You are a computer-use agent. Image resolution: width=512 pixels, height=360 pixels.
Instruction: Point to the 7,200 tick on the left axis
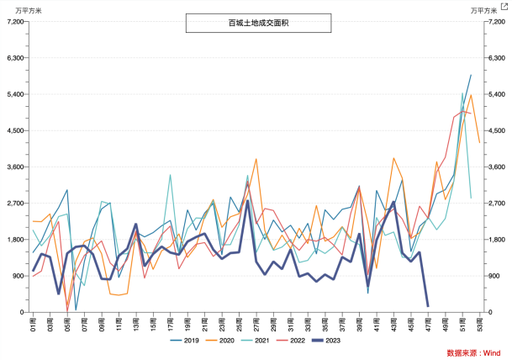14,22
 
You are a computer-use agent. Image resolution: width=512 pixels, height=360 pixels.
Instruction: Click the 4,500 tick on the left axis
14,131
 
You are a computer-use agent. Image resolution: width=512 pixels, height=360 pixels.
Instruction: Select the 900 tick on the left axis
18,276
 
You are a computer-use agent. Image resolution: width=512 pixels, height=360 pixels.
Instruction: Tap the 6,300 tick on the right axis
497,58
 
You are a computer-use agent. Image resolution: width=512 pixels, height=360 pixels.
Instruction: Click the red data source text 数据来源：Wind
475,352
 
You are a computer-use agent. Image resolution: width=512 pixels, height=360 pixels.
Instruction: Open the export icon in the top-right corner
504,7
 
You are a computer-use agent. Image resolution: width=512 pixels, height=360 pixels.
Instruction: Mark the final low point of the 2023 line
428,306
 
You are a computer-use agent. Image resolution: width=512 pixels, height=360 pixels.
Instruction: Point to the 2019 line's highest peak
471,75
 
